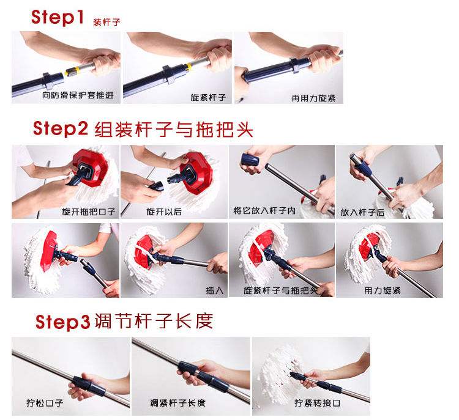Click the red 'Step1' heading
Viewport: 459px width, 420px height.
(x=58, y=17)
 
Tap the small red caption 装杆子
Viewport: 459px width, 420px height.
(x=107, y=22)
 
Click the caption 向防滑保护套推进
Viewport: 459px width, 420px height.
(x=78, y=95)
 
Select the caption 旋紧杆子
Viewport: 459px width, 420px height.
(x=208, y=97)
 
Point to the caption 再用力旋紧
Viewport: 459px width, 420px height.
(x=313, y=98)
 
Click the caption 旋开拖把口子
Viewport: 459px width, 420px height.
(x=88, y=212)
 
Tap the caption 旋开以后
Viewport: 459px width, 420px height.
(x=164, y=212)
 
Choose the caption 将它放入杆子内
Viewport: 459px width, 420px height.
(x=264, y=210)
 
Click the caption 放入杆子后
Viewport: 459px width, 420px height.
(x=362, y=212)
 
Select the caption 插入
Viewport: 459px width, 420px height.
(x=215, y=290)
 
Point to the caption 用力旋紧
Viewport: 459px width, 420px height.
(x=382, y=290)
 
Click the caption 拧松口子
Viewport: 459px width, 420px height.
(x=45, y=403)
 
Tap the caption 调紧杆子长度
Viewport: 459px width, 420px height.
(x=177, y=403)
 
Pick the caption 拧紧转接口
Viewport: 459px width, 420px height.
(x=317, y=403)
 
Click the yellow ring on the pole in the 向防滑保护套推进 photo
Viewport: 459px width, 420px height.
(x=73, y=70)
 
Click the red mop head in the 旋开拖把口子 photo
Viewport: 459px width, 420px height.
(x=91, y=168)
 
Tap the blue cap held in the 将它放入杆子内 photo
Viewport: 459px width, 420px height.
(x=250, y=161)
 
